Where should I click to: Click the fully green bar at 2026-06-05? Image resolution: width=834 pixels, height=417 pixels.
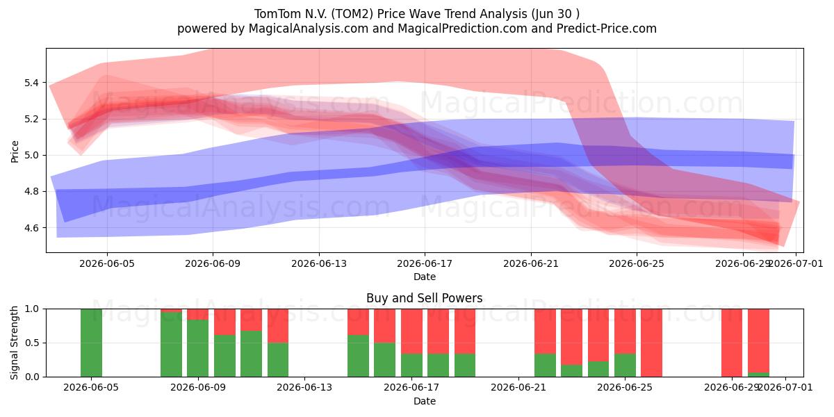[91, 343]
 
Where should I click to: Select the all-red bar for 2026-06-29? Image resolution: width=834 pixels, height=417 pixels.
[732, 343]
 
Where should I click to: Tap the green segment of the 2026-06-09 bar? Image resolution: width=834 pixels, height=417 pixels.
[197, 348]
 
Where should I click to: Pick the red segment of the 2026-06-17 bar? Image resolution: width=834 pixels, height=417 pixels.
[411, 331]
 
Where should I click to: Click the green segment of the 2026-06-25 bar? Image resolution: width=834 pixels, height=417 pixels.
[625, 366]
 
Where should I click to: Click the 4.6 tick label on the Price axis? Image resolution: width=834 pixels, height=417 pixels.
[32, 228]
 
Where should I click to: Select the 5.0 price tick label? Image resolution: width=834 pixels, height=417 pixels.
[32, 155]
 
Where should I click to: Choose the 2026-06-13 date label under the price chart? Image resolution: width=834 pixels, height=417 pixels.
[319, 263]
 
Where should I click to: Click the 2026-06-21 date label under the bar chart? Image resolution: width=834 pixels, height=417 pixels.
[518, 388]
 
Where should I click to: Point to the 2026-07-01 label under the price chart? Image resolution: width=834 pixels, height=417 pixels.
[796, 263]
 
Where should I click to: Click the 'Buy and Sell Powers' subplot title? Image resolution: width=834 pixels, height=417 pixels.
[425, 298]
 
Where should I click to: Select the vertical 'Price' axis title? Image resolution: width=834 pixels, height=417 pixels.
[15, 152]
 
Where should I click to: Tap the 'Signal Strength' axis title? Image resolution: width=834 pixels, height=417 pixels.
[14, 343]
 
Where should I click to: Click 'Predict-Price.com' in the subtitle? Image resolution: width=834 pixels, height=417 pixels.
[607, 28]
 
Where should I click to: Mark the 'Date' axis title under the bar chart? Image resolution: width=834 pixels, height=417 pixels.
[425, 401]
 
